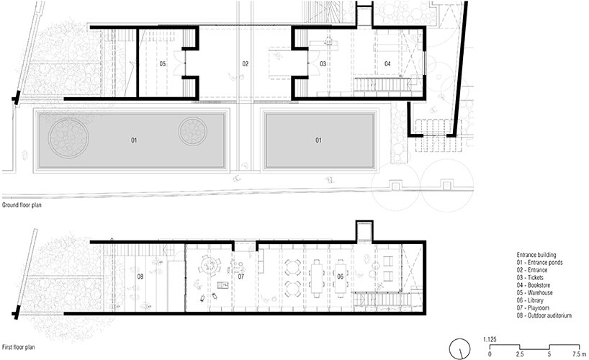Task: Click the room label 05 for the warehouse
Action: point(162,64)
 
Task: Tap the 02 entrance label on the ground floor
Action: point(245,64)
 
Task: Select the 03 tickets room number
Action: point(323,64)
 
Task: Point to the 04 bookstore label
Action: point(387,64)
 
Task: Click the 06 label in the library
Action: point(340,276)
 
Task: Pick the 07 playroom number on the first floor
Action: point(240,276)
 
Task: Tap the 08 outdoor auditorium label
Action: point(140,276)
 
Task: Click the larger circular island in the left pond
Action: point(68,138)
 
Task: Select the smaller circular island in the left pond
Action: point(193,132)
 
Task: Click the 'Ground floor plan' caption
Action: point(22,205)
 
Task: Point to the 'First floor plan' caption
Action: point(19,347)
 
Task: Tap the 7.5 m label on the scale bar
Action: point(579,354)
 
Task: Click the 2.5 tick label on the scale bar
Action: point(519,354)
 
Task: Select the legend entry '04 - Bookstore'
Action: point(534,285)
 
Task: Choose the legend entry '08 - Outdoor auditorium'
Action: point(544,315)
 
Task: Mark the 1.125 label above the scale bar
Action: point(490,340)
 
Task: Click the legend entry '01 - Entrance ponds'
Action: point(539,263)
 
